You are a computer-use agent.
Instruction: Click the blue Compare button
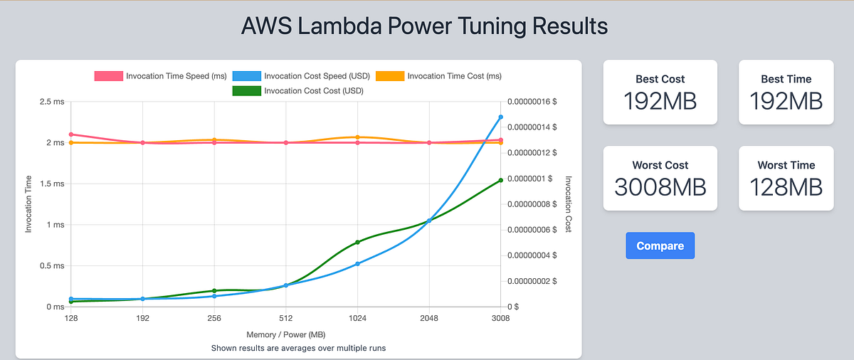coord(660,245)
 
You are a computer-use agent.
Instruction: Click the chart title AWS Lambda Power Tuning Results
coord(425,27)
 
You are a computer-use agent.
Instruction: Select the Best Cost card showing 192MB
coord(660,92)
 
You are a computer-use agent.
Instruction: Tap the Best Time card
coord(786,92)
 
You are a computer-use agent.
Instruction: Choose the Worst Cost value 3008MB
coord(660,186)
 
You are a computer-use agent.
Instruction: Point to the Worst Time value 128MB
coord(786,186)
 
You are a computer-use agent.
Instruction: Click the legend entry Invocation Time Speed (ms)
coord(159,76)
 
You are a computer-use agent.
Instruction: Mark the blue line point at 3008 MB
coord(501,117)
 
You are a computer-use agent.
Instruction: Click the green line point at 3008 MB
coord(501,180)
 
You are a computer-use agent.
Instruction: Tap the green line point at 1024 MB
coord(357,242)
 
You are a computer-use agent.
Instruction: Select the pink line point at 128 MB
coord(71,134)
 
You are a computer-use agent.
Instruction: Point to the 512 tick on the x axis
coord(285,319)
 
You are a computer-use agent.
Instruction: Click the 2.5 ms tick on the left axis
coord(51,102)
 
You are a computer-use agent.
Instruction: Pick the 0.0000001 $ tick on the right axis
coord(530,179)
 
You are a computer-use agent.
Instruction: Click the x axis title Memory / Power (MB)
coord(285,334)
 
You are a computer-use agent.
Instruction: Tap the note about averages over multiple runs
coord(298,348)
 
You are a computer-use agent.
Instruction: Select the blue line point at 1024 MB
coord(357,264)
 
